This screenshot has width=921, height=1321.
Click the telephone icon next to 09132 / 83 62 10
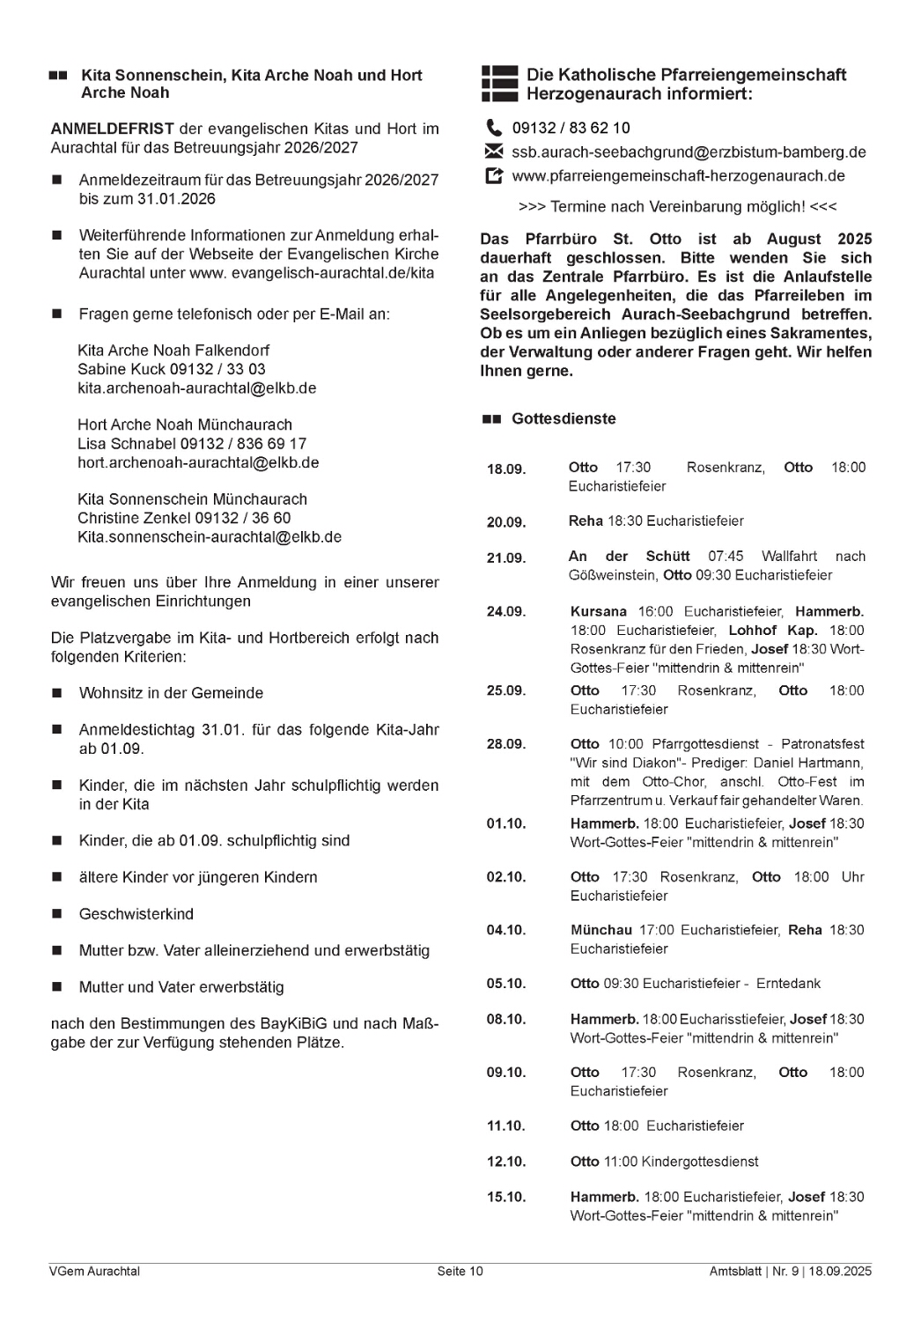click(x=494, y=129)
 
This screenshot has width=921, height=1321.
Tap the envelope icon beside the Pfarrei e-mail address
click(x=494, y=151)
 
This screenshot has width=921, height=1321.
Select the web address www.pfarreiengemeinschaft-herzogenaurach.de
click(x=678, y=176)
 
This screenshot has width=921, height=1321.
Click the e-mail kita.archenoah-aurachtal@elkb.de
click(x=196, y=388)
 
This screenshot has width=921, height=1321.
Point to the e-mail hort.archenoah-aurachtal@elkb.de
click(x=198, y=462)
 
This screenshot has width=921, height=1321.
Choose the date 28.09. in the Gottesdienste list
click(x=506, y=745)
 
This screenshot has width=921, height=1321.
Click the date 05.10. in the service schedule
click(x=506, y=984)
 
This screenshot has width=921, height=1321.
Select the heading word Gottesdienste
click(x=564, y=419)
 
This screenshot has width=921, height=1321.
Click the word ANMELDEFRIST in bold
click(x=112, y=129)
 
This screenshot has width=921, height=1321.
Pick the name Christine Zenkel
click(x=135, y=518)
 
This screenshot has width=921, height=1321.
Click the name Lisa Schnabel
click(x=127, y=444)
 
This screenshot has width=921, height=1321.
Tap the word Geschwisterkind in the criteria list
click(x=136, y=914)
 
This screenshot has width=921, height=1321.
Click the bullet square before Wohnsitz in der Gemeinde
click(x=57, y=694)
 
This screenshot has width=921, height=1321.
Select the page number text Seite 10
click(x=460, y=1271)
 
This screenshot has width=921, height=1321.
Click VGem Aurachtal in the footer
click(x=95, y=1271)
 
